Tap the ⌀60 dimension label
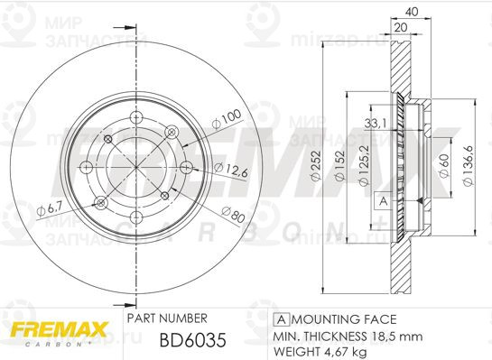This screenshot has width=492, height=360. coord(444,168)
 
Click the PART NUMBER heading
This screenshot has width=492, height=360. coord(167,318)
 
